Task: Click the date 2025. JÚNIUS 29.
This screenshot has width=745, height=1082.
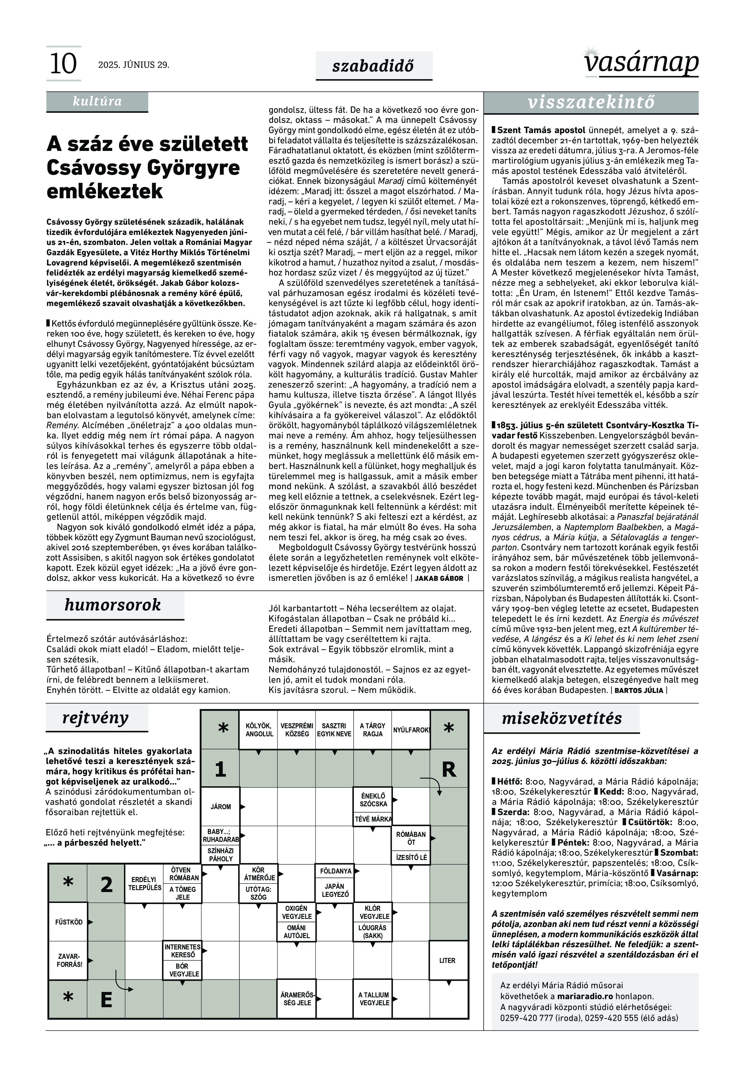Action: [134, 65]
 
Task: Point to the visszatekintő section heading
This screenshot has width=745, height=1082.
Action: [591, 103]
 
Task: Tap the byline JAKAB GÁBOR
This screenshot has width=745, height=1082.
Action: [439, 578]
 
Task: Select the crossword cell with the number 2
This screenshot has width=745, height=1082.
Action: [107, 884]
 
